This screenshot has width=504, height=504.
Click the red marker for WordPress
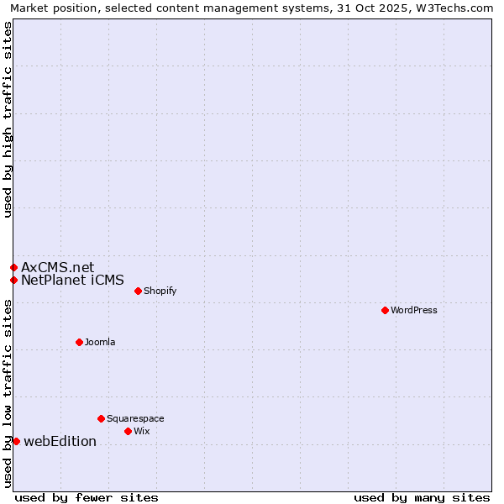pyautogui.click(x=385, y=310)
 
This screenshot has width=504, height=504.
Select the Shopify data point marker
pyautogui.click(x=138, y=291)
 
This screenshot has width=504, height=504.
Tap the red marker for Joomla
pyautogui.click(x=79, y=342)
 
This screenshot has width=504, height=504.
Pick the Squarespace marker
pyautogui.click(x=101, y=418)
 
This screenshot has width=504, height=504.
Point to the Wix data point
pyautogui.click(x=128, y=431)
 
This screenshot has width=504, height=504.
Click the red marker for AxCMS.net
pyautogui.click(x=13, y=267)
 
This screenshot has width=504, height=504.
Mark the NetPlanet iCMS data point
pyautogui.click(x=13, y=280)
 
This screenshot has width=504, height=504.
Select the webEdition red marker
pyautogui.click(x=16, y=441)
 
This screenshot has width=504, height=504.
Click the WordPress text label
pyautogui.click(x=414, y=310)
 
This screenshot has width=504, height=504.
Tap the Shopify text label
pyautogui.click(x=160, y=291)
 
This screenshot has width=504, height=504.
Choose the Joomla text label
pyautogui.click(x=100, y=342)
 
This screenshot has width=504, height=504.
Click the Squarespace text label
pyautogui.click(x=135, y=418)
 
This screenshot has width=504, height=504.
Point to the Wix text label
pyautogui.click(x=142, y=431)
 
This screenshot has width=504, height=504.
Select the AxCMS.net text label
pyautogui.click(x=58, y=267)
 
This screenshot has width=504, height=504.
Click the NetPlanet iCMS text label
pyautogui.click(x=72, y=280)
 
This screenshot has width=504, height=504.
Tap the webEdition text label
pyautogui.click(x=60, y=441)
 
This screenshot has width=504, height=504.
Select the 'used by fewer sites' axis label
pyautogui.click(x=87, y=497)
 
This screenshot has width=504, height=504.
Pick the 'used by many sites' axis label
pyautogui.click(x=422, y=497)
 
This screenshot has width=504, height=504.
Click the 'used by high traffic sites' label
pyautogui.click(x=8, y=119)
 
